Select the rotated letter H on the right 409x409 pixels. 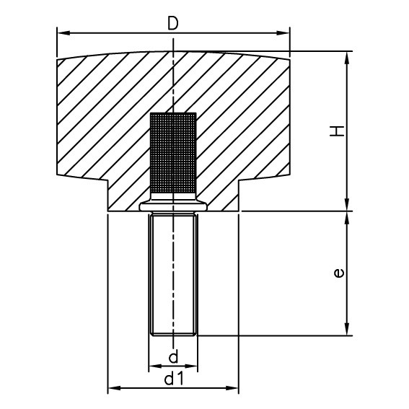(x=338, y=131)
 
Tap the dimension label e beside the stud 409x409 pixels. (x=338, y=273)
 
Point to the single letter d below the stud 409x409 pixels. (x=172, y=357)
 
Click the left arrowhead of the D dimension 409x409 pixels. (x=62, y=33)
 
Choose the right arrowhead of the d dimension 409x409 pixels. (x=193, y=366)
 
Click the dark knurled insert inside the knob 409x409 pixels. (x=172, y=155)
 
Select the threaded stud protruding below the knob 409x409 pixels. (x=172, y=274)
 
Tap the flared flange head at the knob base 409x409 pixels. (x=172, y=206)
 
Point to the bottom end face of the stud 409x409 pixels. (x=172, y=335)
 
